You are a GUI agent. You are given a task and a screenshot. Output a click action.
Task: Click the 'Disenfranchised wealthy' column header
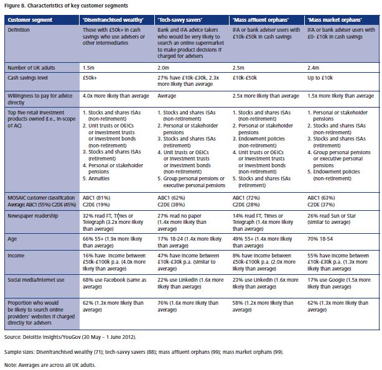(113, 20)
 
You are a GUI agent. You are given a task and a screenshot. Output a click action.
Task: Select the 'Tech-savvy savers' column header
(180, 20)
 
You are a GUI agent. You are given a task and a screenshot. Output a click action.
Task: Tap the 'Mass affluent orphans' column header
(261, 20)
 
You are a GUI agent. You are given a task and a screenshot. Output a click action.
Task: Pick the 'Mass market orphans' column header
(335, 20)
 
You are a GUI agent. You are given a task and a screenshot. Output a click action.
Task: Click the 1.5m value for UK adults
(88, 68)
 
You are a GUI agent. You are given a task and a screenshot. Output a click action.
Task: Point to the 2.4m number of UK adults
(314, 68)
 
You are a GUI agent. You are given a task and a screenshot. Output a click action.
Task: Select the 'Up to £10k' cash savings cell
(320, 78)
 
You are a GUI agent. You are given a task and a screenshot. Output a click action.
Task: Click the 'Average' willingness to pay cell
(167, 96)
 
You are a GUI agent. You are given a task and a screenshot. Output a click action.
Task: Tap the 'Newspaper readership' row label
(33, 216)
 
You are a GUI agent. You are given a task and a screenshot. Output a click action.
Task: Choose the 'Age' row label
(12, 239)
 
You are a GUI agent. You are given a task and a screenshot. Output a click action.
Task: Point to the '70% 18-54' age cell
(320, 239)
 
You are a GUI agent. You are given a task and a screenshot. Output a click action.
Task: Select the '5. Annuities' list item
(96, 178)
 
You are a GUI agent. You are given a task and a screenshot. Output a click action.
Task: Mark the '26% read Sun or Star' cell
(332, 216)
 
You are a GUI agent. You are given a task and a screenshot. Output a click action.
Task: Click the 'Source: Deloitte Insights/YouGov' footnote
(70, 337)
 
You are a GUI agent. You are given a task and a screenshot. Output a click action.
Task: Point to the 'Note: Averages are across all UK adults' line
(50, 365)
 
